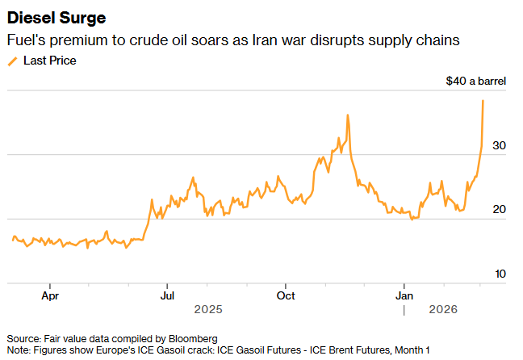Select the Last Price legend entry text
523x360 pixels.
[x=50, y=61]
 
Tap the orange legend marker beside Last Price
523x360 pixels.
[x=12, y=61]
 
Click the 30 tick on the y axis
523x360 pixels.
[x=499, y=145]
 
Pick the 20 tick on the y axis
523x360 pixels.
[x=499, y=210]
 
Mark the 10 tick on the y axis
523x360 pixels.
[x=499, y=274]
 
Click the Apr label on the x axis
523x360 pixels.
[x=50, y=295]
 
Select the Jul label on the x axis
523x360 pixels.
[x=167, y=295]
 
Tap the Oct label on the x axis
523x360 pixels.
[x=285, y=295]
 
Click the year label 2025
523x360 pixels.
[x=208, y=309]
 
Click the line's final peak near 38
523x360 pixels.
[x=483, y=101]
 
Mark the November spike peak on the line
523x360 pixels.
[x=347, y=115]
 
